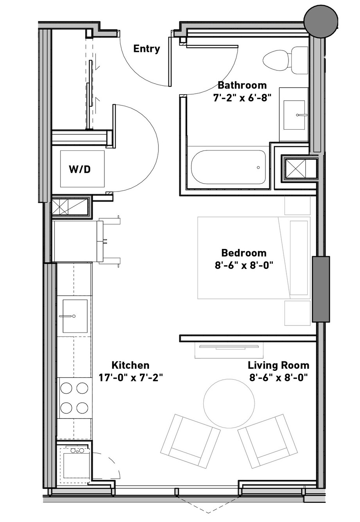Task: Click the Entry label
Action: click(x=147, y=49)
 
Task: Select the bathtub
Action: click(x=228, y=167)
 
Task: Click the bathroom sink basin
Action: click(x=294, y=115)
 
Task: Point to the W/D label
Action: click(x=80, y=170)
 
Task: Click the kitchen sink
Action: click(x=75, y=316)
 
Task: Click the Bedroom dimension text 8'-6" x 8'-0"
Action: click(x=244, y=265)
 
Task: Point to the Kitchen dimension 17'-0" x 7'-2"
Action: click(x=130, y=377)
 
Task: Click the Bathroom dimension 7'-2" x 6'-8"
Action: click(x=242, y=98)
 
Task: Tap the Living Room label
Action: click(x=278, y=365)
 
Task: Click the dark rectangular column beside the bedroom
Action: click(x=321, y=289)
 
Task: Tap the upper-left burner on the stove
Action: click(x=66, y=388)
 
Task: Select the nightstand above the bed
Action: click(x=297, y=205)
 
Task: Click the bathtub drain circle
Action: click(x=258, y=168)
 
